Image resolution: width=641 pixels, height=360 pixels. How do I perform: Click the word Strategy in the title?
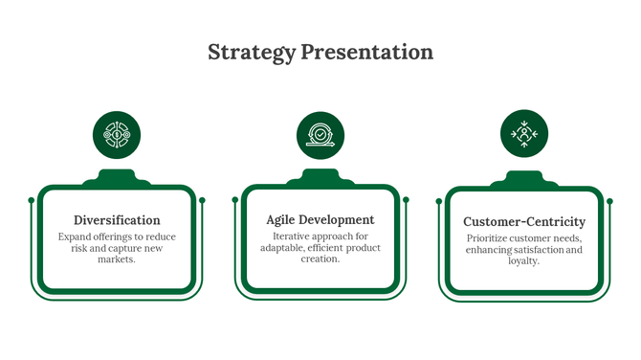pyautogui.click(x=252, y=52)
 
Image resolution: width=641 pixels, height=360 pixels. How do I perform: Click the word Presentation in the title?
pyautogui.click(x=366, y=52)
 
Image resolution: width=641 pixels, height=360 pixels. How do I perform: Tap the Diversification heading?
pyautogui.click(x=117, y=220)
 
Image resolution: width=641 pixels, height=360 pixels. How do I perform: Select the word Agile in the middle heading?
pyautogui.click(x=284, y=220)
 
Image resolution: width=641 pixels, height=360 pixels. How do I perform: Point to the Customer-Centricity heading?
pyautogui.click(x=524, y=222)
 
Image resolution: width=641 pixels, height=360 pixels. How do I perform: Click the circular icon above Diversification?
pyautogui.click(x=117, y=135)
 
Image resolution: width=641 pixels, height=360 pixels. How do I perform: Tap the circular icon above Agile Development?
pyautogui.click(x=320, y=135)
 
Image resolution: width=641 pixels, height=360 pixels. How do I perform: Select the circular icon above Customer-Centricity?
pyautogui.click(x=524, y=134)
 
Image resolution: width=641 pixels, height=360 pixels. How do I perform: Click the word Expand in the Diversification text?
pyautogui.click(x=76, y=236)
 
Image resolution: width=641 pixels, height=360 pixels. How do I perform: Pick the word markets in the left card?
pyautogui.click(x=117, y=259)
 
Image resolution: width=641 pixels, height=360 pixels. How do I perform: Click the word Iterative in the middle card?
pyautogui.click(x=293, y=236)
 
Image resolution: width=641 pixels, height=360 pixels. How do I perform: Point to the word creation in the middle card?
pyautogui.click(x=320, y=259)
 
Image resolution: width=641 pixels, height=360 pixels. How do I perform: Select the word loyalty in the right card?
pyautogui.click(x=524, y=260)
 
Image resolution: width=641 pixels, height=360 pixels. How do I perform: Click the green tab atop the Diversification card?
pyautogui.click(x=117, y=178)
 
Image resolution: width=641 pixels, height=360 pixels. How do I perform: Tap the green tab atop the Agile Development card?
pyautogui.click(x=320, y=177)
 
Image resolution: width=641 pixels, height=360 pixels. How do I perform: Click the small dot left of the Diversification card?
pyautogui.click(x=32, y=200)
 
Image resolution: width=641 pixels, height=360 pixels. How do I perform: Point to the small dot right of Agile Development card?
pyautogui.click(x=406, y=199)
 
